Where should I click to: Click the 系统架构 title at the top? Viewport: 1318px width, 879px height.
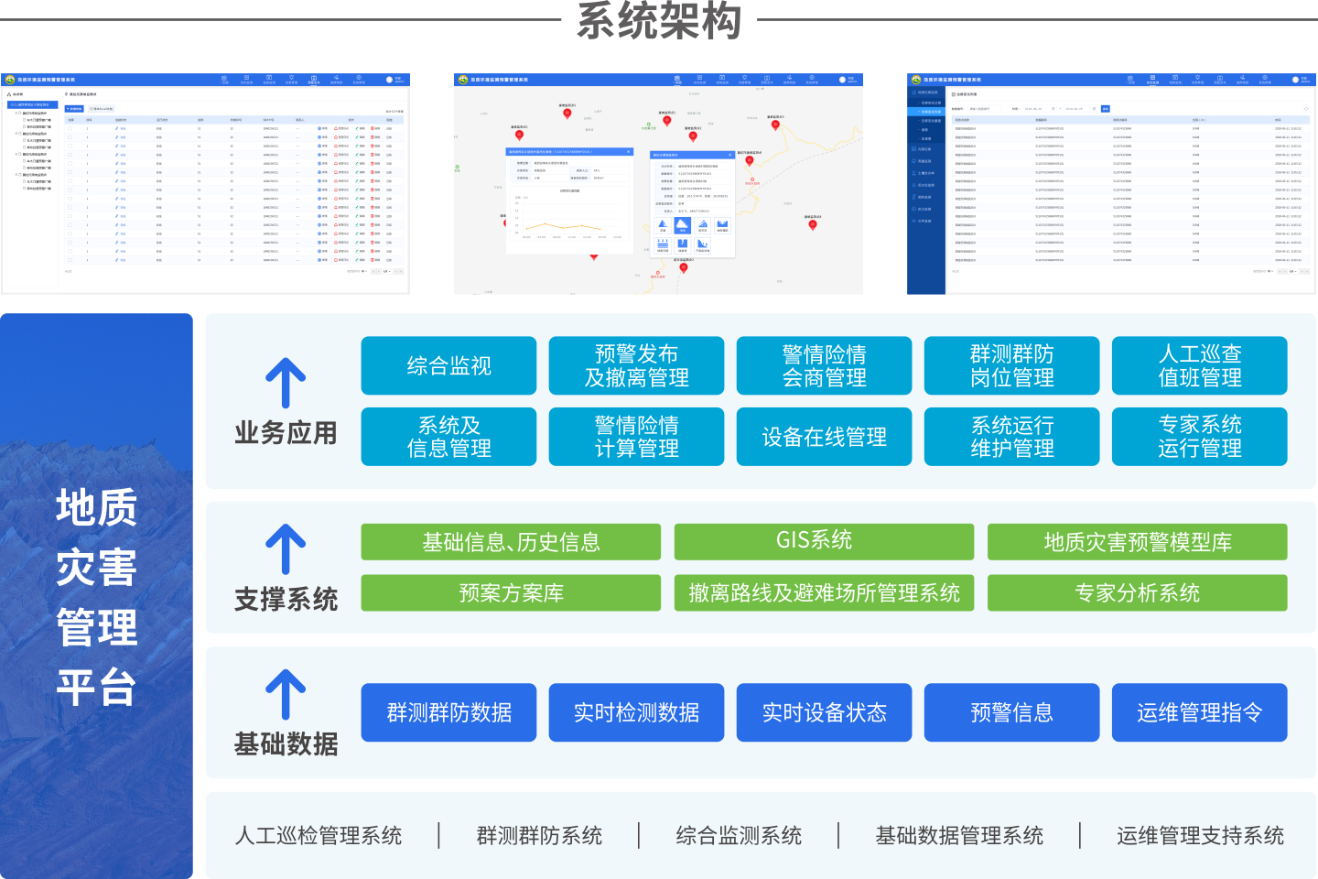[x=659, y=20]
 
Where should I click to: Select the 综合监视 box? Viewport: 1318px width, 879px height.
[x=448, y=366]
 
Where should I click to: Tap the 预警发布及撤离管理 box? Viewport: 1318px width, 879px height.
[x=636, y=366]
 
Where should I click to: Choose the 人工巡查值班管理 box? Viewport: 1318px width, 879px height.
[x=1199, y=366]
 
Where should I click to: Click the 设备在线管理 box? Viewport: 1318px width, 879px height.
[x=824, y=437]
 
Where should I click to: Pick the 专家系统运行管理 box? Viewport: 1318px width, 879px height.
[x=1199, y=437]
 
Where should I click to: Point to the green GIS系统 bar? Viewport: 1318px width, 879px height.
[x=824, y=541]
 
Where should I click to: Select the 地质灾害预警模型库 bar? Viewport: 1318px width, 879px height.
[x=1137, y=542]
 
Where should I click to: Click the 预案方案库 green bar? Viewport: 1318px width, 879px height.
[x=511, y=593]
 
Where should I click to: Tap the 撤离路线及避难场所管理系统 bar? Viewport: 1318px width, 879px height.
[x=824, y=593]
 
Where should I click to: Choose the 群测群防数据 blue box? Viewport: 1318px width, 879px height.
[x=448, y=712]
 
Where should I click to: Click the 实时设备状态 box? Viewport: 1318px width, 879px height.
[x=824, y=712]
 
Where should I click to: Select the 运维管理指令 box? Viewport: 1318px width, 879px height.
[x=1199, y=712]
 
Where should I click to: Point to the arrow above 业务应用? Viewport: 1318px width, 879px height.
[x=286, y=383]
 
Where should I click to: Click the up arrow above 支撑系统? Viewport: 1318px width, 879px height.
[x=286, y=549]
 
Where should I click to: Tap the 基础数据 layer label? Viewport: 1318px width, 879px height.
[x=286, y=744]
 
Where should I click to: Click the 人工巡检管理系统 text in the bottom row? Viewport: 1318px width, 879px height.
[x=319, y=835]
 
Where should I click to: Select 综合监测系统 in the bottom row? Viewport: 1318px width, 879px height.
[x=739, y=835]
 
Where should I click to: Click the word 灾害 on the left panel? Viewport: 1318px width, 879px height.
[x=97, y=568]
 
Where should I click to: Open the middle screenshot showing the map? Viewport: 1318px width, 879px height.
[x=658, y=184]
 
